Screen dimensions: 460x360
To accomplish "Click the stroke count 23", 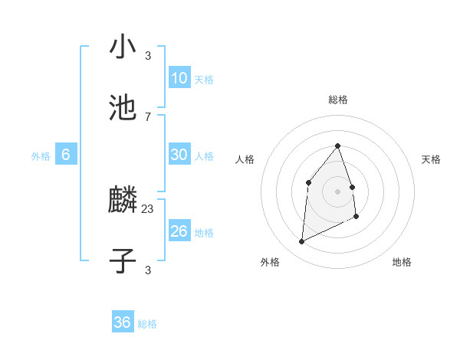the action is coord(148,208).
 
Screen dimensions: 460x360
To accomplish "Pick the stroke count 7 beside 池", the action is coord(148,116).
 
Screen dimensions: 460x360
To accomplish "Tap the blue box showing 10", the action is coord(179,77).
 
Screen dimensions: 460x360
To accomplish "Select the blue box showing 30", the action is coord(179,154).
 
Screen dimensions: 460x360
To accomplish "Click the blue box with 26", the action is coord(179,231).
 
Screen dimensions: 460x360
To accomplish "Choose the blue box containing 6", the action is coord(66,154).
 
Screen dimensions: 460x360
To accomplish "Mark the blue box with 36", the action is coord(123,322).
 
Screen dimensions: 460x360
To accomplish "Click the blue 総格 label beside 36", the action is coord(147,324).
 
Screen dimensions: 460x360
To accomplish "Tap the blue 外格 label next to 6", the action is coord(41,155).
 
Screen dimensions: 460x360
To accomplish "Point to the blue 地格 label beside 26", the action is coord(204,232).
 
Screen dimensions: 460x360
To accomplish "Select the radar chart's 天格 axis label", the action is coord(432,159).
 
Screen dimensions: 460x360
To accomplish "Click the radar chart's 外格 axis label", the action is coord(270,263).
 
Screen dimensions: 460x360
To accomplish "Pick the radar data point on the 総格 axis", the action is coord(337,146).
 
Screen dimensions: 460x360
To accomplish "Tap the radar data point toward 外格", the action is coord(301,242).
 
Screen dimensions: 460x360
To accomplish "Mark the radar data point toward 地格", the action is coord(357,217).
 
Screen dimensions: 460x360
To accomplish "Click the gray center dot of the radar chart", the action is coord(337,191).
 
